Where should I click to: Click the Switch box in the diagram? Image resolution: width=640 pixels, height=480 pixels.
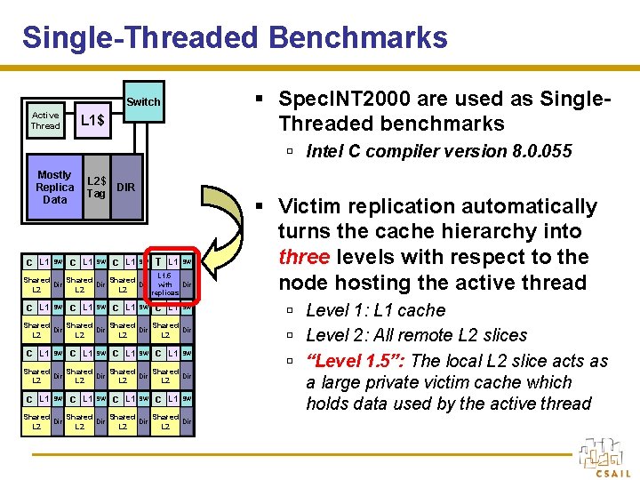[x=143, y=102]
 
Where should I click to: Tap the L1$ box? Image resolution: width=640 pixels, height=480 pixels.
[x=93, y=120]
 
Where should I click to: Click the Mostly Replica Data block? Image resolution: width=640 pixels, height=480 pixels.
[x=54, y=188]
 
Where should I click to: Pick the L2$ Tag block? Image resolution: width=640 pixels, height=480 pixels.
[x=96, y=188]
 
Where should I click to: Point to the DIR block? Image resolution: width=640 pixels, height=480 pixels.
[x=126, y=188]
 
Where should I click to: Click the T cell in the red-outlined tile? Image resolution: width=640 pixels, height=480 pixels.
[x=157, y=261]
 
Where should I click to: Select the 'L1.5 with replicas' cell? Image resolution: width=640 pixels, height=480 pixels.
[x=164, y=284]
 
